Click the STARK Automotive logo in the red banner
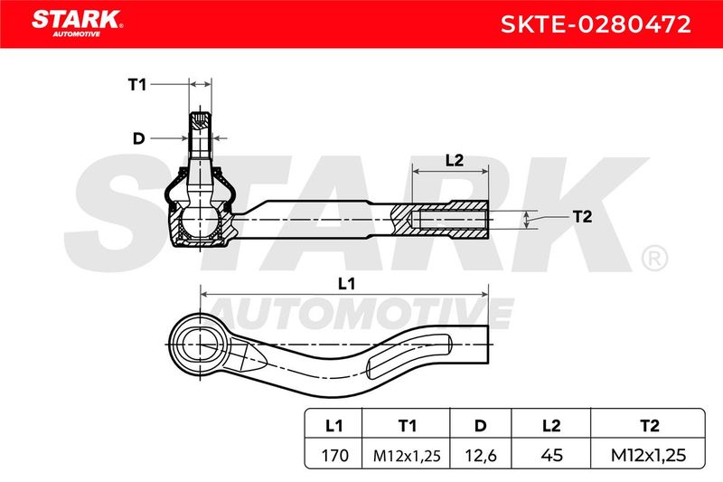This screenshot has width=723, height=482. coord(77,24)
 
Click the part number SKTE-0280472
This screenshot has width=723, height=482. coord(596,24)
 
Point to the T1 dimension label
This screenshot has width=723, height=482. coord(137,85)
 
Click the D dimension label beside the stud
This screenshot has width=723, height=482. coord(138,138)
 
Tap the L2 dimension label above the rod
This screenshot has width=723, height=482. coord(455,160)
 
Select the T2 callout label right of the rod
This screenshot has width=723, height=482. coord(582,216)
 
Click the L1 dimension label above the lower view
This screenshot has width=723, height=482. coord(346,284)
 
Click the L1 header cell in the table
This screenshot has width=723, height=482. coord(333,425)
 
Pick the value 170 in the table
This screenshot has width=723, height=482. coord(334,456)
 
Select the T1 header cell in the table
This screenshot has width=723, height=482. coord(407,425)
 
